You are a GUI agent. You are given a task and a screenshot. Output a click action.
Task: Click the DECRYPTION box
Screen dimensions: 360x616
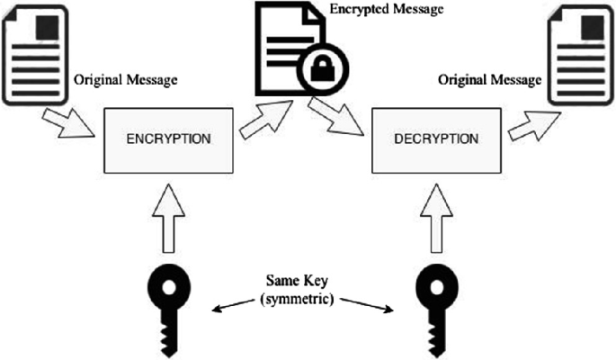click(435, 140)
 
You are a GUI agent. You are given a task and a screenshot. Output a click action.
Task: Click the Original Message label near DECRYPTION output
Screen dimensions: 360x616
click(490, 79)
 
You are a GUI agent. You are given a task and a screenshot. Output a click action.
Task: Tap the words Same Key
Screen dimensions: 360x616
click(301, 281)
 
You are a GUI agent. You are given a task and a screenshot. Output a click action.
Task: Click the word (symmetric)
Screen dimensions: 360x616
click(301, 297)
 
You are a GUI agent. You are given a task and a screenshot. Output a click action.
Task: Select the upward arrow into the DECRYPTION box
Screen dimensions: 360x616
click(435, 216)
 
